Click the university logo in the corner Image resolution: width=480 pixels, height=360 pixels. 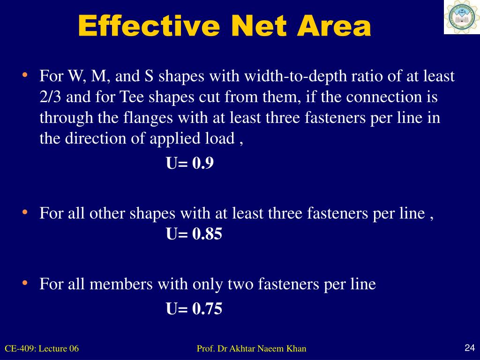pos(462,17)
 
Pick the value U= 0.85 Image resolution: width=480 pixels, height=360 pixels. pos(194,233)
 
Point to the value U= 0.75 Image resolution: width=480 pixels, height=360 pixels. pos(194,308)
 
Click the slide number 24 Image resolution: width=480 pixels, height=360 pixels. pos(470,347)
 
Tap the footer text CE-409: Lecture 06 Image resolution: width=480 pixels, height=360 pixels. pos(42,348)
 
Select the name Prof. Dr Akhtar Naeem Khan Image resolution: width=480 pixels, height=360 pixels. pos(251,348)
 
